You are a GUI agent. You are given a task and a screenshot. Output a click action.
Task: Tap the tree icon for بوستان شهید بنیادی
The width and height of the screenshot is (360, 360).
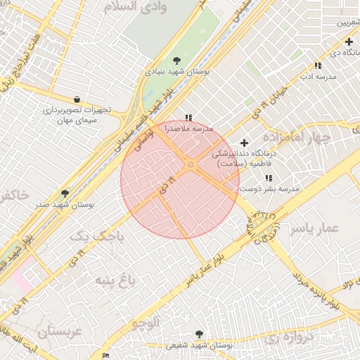click(176, 60)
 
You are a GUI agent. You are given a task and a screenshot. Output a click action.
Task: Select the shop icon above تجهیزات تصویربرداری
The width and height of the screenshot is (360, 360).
click(76, 99)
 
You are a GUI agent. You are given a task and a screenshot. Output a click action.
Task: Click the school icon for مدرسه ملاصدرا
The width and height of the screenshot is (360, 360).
click(188, 117)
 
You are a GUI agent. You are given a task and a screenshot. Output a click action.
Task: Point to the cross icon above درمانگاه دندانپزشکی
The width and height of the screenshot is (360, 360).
click(244, 143)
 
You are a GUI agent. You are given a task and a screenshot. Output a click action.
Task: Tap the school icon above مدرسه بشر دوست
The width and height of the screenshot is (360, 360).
click(269, 179)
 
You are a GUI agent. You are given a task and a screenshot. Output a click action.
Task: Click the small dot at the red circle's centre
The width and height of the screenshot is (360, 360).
click(191, 165)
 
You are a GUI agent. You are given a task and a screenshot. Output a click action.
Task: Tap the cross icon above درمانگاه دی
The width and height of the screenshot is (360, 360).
click(349, 41)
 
